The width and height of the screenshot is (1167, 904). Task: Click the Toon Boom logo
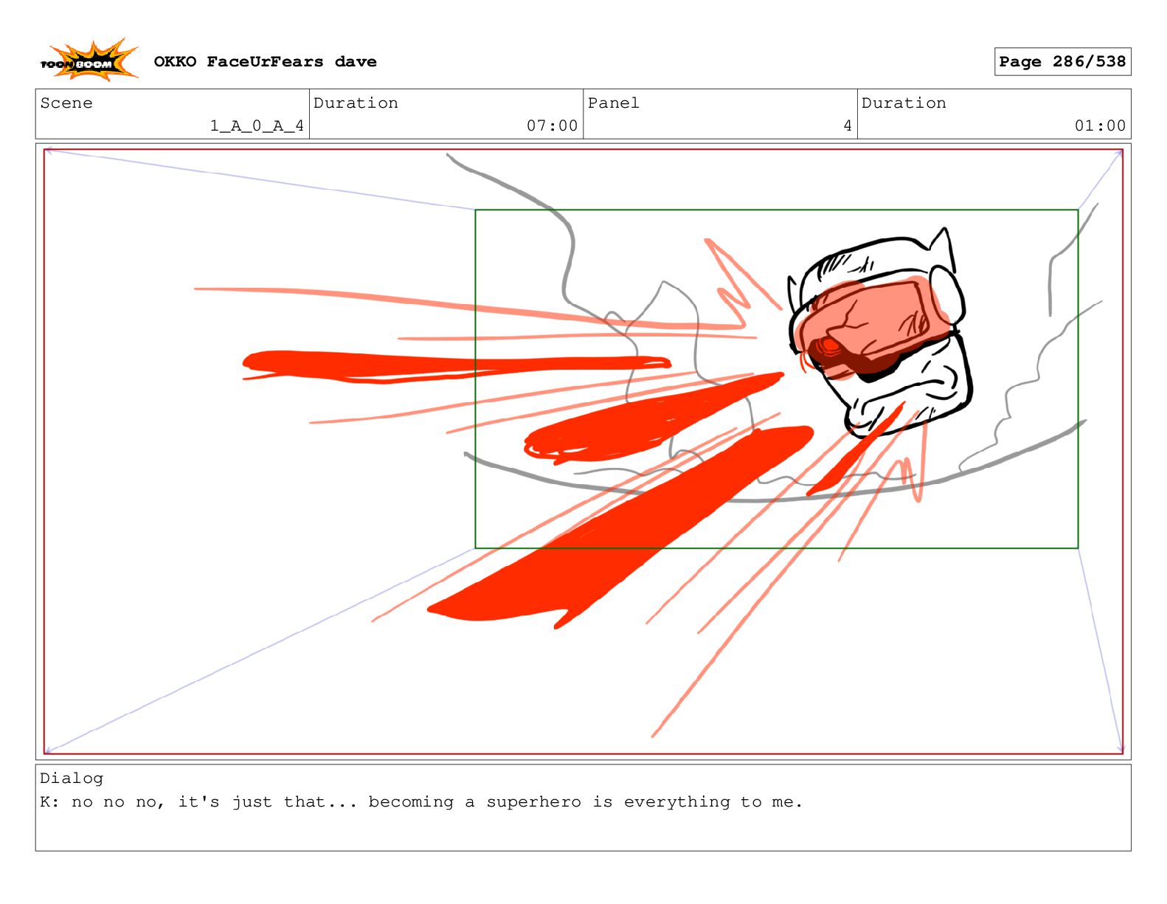89,61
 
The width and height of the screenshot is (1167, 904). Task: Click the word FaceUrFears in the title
265,62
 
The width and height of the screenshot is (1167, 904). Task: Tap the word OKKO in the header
175,62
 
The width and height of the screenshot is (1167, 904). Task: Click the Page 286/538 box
1062,62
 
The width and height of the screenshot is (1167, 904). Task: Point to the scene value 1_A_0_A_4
257,125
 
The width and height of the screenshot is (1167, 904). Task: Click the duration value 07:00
552,125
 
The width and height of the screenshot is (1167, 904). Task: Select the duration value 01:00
1099,125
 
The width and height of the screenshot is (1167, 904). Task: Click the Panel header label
613,103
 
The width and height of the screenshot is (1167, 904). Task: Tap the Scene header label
66,103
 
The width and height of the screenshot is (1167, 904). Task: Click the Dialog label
72,778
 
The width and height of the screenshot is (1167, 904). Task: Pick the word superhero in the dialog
533,801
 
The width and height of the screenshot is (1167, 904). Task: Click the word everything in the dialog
676,801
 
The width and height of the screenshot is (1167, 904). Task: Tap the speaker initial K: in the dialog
49,801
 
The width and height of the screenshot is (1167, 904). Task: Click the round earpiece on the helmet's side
946,294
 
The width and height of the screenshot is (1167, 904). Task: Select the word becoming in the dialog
410,801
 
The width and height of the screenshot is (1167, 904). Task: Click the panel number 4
848,125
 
